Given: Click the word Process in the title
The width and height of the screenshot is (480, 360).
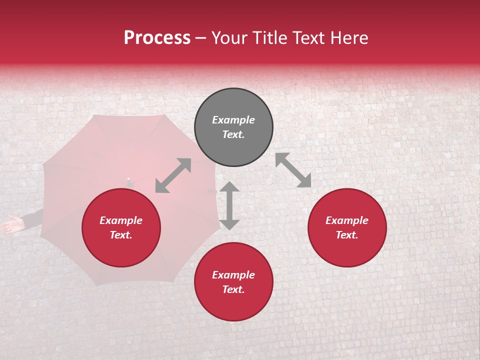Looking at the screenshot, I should pos(157,38).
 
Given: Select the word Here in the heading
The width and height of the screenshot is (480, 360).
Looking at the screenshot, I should pos(348,38).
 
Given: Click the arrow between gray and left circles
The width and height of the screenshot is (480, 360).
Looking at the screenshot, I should pos(173,175).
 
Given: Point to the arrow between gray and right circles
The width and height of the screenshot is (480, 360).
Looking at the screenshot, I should pos(293,170).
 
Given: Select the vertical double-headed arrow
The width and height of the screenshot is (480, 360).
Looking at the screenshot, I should pos(229,205).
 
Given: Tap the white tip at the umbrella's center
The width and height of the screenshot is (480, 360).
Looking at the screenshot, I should pos(128,178).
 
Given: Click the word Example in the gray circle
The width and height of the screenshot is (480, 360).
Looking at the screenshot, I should pos(233,120).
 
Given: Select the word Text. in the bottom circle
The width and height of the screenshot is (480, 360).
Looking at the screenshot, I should pos(233,289).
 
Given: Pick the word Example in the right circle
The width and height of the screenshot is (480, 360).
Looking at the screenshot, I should pos(347,220).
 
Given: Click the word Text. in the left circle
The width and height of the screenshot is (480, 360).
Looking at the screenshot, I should pos(121,235).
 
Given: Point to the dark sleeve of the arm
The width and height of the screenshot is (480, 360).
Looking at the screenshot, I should pos(33,219).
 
